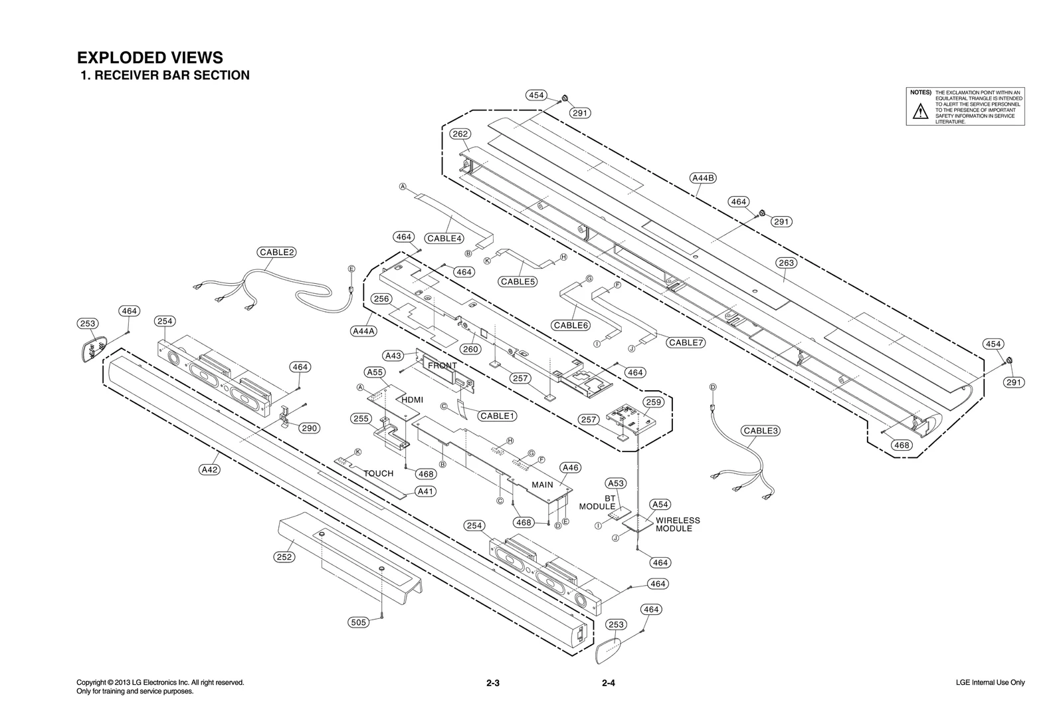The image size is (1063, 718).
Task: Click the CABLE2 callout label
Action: (x=277, y=252)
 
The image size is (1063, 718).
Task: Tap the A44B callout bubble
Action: (x=703, y=178)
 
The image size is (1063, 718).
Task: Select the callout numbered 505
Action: (x=358, y=622)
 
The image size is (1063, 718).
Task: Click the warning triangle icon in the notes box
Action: (x=919, y=112)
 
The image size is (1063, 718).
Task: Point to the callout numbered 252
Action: (x=284, y=557)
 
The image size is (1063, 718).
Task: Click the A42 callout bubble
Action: (x=209, y=469)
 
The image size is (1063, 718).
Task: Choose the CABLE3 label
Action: (x=761, y=430)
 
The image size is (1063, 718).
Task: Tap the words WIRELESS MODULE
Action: (x=677, y=525)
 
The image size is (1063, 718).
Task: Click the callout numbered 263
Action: (x=786, y=263)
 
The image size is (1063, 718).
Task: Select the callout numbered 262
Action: (x=460, y=134)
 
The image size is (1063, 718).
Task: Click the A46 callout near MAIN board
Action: (x=571, y=467)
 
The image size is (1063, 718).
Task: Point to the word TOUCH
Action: (x=378, y=473)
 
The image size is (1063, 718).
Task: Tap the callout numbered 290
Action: (x=309, y=428)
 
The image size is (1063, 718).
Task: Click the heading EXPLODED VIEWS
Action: (x=150, y=58)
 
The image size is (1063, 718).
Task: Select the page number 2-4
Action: (x=609, y=683)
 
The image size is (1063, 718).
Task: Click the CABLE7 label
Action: (x=686, y=342)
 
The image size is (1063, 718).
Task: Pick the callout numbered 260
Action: (x=470, y=349)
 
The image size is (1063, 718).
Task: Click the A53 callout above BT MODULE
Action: (x=616, y=483)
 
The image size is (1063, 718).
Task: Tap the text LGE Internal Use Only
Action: (x=988, y=683)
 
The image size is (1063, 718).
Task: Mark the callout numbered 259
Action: (x=654, y=402)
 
